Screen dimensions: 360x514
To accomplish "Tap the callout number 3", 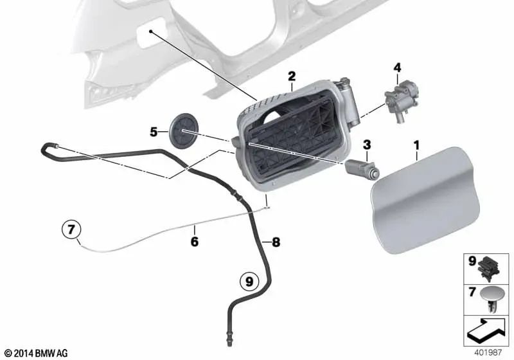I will (367, 144).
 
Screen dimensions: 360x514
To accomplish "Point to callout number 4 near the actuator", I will (397, 67).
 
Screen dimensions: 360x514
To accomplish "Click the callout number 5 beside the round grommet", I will (154, 132).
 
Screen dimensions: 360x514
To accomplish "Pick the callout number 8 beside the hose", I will (276, 242).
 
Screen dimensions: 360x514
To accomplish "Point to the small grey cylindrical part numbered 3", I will (364, 168).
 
